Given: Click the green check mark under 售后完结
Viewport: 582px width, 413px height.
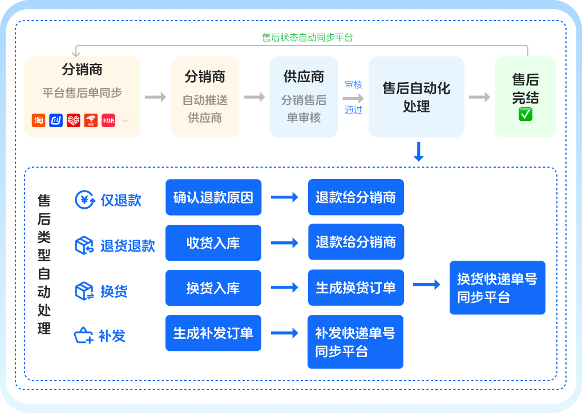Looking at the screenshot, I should tap(526, 114).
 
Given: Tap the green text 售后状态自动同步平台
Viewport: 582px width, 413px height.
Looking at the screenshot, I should tap(308, 38).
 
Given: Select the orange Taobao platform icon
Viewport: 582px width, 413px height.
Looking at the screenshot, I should tap(38, 120).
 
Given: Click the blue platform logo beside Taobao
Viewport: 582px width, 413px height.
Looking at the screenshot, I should tap(56, 120).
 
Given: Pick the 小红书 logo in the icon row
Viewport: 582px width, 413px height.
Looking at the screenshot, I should tap(108, 120).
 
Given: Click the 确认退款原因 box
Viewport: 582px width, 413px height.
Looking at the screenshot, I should tap(213, 197).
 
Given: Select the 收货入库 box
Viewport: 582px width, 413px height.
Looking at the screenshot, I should tap(213, 243).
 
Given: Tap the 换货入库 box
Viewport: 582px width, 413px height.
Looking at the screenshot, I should tap(213, 288).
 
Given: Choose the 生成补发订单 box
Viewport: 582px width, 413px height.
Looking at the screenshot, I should tap(213, 333).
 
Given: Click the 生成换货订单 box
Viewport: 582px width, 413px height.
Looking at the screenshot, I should tap(356, 288).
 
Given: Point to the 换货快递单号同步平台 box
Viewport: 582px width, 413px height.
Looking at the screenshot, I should tap(497, 288).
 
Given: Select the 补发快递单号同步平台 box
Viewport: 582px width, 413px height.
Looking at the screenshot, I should tap(355, 342).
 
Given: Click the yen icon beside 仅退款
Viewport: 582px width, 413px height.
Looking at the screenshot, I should tap(86, 200).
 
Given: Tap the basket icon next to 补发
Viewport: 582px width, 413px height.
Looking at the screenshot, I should tap(84, 335).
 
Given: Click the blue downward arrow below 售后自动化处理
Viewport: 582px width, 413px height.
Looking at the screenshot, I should tap(418, 152).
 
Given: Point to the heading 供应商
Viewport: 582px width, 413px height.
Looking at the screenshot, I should tap(304, 76).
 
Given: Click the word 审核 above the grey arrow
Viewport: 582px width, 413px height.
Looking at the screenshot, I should tap(353, 84).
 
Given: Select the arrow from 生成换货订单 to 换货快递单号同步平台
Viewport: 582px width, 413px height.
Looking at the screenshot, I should tap(426, 284).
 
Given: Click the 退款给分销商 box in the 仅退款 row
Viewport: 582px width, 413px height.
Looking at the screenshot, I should tap(356, 197).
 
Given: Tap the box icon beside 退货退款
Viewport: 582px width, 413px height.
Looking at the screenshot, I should tap(84, 245).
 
